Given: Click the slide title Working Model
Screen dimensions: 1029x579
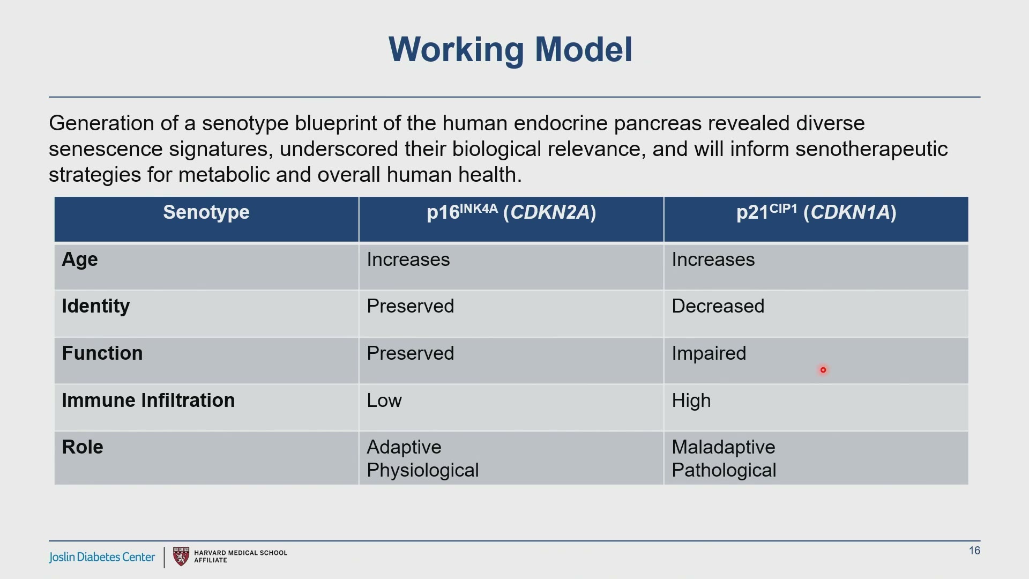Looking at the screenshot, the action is (510, 49).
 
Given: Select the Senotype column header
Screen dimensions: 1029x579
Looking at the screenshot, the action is (206, 212).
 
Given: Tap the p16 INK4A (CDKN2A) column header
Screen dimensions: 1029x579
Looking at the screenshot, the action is (511, 212).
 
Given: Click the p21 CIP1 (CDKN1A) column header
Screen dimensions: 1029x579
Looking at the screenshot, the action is (816, 212).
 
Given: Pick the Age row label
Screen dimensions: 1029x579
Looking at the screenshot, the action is (80, 260).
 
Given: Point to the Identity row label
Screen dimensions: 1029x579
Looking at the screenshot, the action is (96, 307).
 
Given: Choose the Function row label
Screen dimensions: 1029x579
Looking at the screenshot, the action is (102, 353).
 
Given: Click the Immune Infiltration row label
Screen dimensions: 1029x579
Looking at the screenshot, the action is (148, 400).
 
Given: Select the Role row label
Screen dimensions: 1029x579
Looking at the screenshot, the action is (83, 447).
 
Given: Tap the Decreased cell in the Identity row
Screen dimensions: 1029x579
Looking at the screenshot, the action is (718, 306).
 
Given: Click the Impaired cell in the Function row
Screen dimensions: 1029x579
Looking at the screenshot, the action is (709, 354).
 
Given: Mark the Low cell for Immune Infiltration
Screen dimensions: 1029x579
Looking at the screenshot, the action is (384, 400).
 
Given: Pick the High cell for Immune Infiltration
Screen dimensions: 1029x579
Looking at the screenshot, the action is (691, 401).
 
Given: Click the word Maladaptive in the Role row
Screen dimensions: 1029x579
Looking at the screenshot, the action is (724, 447).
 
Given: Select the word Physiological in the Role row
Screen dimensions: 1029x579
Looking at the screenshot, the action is (423, 471).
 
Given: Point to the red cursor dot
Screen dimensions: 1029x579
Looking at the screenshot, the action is (823, 370).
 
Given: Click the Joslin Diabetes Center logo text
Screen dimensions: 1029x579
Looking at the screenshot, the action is (102, 558).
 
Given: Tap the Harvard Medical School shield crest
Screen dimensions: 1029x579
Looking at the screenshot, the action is (181, 556).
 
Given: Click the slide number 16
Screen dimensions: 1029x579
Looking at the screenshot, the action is (974, 551).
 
